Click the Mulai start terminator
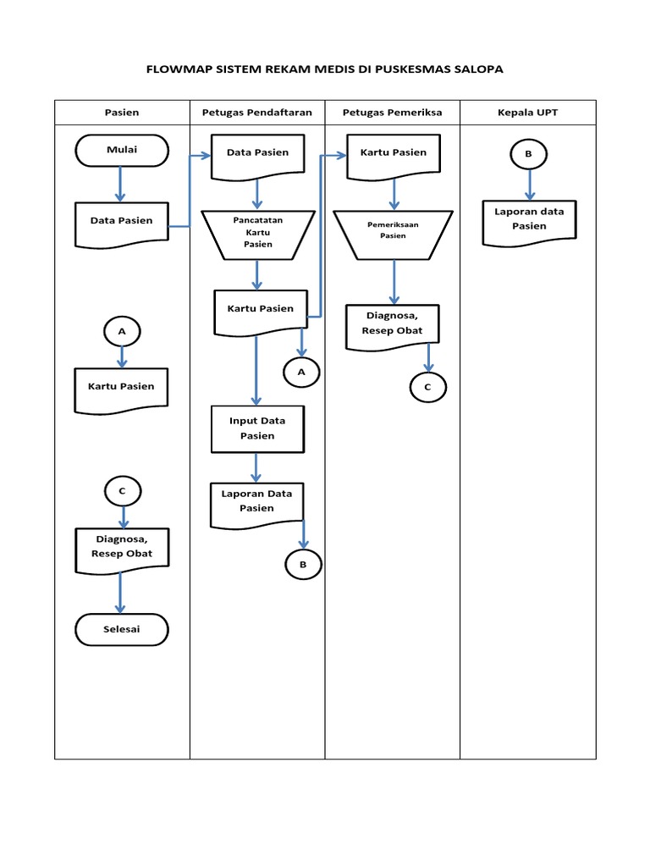coord(121,152)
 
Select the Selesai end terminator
coord(121,629)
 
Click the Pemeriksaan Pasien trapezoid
coord(393,231)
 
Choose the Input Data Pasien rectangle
coord(257,428)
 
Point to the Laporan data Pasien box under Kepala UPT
coord(529,219)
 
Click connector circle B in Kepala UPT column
coord(529,155)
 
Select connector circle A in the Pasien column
coord(122,332)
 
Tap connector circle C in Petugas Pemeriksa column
coord(427,386)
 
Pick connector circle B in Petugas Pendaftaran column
coord(303,563)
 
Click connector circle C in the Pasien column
coord(123,490)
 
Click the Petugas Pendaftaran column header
coord(257,113)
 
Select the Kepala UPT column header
coord(528,113)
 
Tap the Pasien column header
coord(122,113)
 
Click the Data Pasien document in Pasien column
coord(122,222)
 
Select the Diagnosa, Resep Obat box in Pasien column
coord(122,548)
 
